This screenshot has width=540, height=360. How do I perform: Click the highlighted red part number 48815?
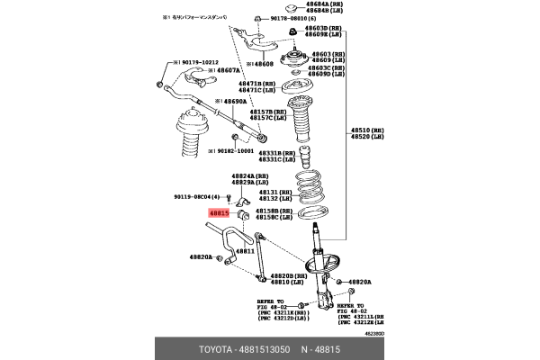(x=220, y=213)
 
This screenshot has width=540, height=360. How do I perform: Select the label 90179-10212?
(x=194, y=62)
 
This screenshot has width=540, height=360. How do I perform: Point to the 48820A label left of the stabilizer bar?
(x=202, y=257)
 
